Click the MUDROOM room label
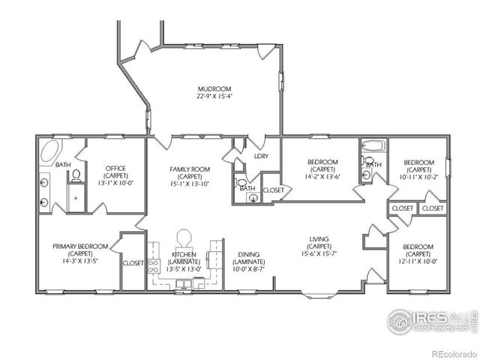pos(214,88)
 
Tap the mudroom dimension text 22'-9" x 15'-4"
pos(214,96)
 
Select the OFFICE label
pos(115,168)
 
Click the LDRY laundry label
pos(262,156)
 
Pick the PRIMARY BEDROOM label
pos(80,246)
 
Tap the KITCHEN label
pos(184,255)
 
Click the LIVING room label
pos(319,240)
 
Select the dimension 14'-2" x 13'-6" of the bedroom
pos(323,178)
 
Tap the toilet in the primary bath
pos(76,175)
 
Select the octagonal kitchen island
pos(185,238)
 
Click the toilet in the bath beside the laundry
pos(241,182)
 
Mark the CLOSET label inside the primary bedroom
pos(133,263)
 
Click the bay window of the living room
pos(313,294)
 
